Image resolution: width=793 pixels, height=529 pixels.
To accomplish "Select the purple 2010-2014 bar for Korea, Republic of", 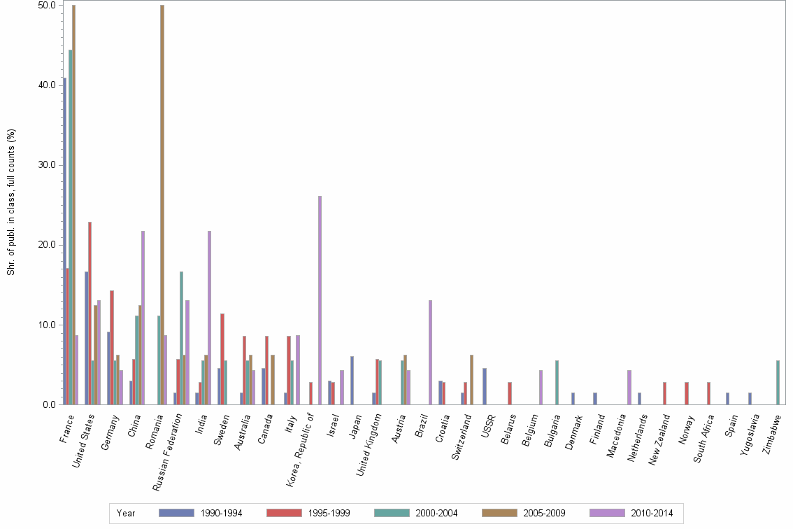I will [320, 300].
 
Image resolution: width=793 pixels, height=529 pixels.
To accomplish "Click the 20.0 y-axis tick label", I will [47, 245].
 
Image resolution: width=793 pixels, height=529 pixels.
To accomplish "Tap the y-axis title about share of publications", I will [11, 204].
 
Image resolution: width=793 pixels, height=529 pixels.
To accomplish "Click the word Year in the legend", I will [127, 513].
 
